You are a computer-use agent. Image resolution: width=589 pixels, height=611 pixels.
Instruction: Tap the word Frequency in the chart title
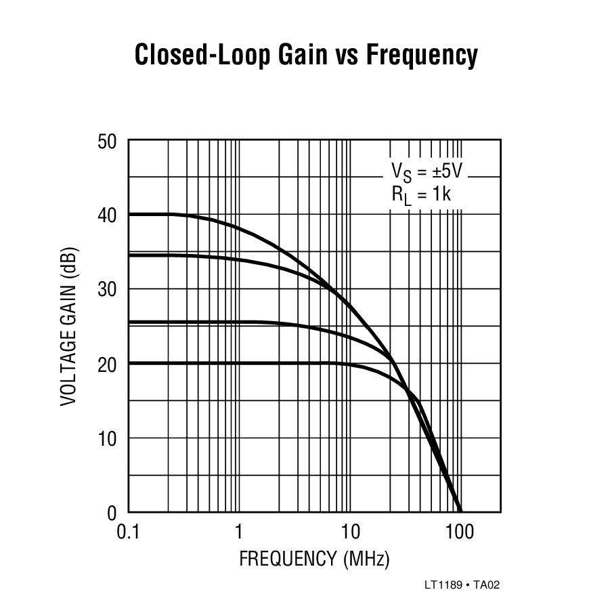[x=421, y=56]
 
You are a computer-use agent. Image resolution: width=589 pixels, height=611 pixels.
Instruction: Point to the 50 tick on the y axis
[x=108, y=142]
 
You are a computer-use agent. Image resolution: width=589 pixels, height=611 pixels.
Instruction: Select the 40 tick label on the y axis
[x=108, y=216]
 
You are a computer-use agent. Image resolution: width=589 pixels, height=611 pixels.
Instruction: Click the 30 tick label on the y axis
[x=108, y=290]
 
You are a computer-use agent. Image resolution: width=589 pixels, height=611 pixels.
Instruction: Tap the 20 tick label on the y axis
[x=108, y=364]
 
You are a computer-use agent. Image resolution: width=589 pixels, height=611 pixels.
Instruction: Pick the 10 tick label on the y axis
[x=108, y=438]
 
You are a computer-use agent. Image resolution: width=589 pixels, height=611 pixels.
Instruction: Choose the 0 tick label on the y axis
[x=112, y=513]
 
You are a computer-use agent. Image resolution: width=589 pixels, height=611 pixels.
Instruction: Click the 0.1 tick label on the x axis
[x=128, y=532]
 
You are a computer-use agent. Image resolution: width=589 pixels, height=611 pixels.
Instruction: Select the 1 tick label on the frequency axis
[x=239, y=532]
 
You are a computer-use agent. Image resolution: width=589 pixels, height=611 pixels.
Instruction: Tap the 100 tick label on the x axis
[x=460, y=532]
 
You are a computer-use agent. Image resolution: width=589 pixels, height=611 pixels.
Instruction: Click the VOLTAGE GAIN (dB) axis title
[x=69, y=327]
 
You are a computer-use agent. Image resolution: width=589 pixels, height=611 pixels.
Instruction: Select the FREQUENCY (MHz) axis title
[x=314, y=560]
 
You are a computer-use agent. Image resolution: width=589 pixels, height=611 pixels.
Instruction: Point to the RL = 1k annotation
[x=421, y=196]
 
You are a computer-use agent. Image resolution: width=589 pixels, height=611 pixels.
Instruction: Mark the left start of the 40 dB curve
[x=129, y=214]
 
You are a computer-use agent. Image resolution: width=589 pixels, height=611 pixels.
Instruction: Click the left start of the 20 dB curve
[x=129, y=363]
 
